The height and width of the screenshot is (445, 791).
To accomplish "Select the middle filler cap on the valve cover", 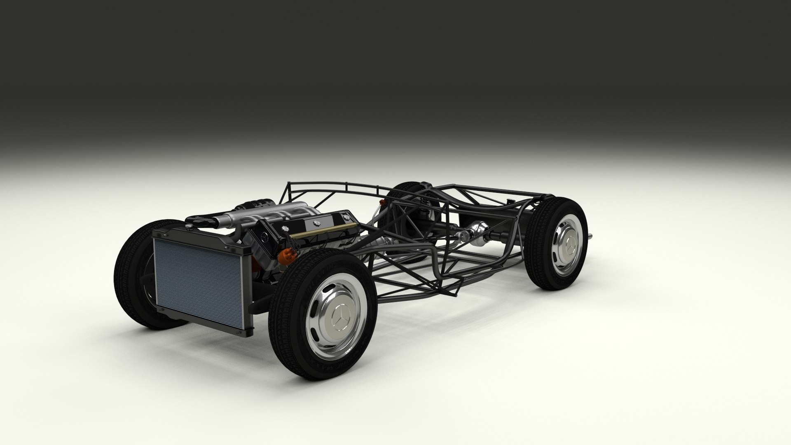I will point(317,223).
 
